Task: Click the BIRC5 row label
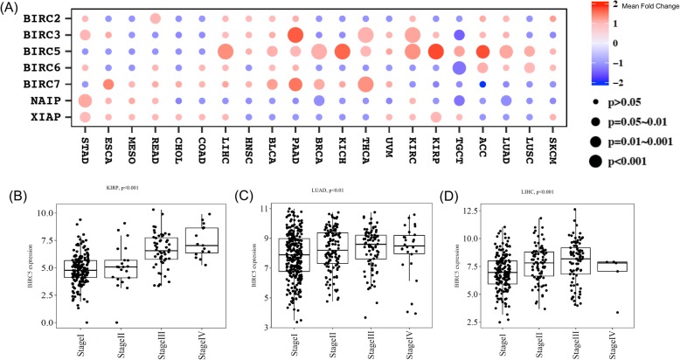[x=41, y=51]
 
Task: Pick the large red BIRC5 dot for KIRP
[x=435, y=52]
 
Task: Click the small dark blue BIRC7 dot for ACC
[x=482, y=84]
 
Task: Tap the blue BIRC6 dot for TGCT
[x=459, y=67]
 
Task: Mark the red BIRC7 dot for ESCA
[x=108, y=84]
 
